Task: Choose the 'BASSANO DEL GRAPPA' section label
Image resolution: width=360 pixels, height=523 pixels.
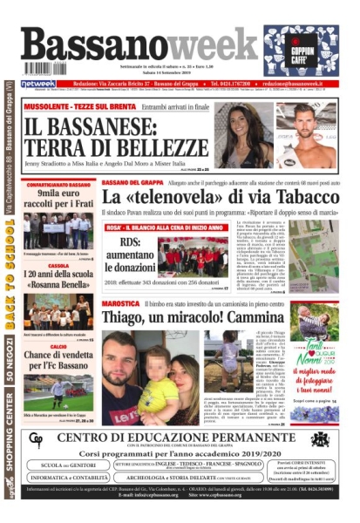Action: point(133,181)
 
